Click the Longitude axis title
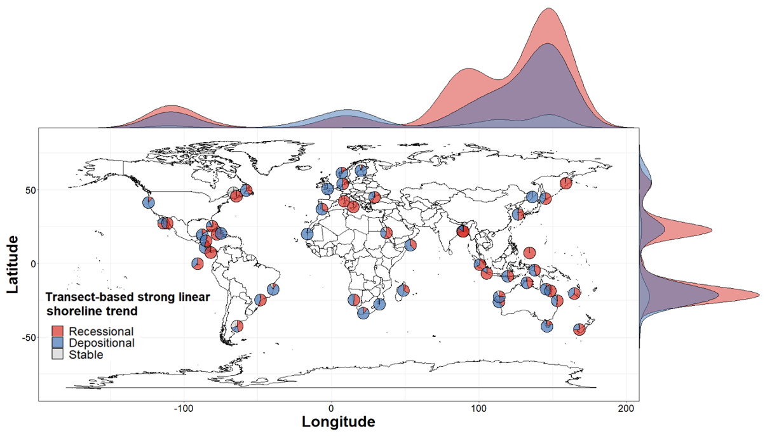pyautogui.click(x=338, y=421)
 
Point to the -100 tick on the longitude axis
pyautogui.click(x=184, y=407)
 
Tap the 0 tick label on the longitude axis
pyautogui.click(x=331, y=407)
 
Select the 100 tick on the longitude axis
pyautogui.click(x=478, y=407)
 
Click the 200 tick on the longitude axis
pyautogui.click(x=626, y=407)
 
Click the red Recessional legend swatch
pyautogui.click(x=58, y=331)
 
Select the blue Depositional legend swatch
pyautogui.click(x=58, y=343)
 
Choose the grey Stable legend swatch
pyautogui.click(x=58, y=354)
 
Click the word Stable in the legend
pyautogui.click(x=86, y=354)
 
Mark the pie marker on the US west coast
pyautogui.click(x=149, y=202)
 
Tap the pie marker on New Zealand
pyautogui.click(x=579, y=329)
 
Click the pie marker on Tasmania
pyautogui.click(x=547, y=326)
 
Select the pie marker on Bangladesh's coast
pyautogui.click(x=463, y=231)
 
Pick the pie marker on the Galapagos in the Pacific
pyautogui.click(x=198, y=263)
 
